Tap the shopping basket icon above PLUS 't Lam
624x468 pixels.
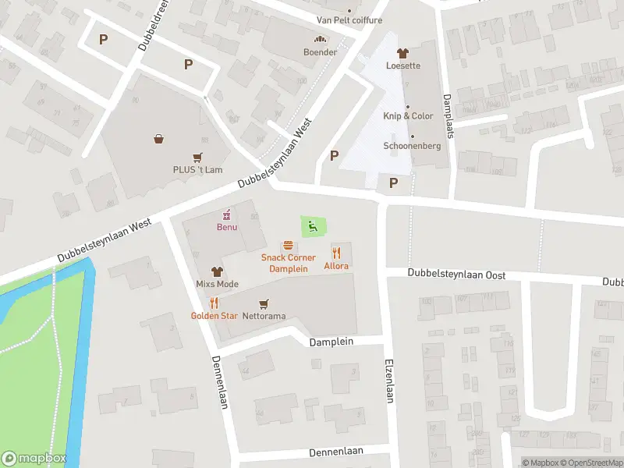coord(159,140)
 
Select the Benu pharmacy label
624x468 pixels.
coord(227,227)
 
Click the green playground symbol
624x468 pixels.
coord(314,227)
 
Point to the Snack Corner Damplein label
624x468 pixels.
coord(288,263)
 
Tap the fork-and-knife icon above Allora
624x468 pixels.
coord(338,253)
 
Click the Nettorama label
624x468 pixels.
coord(264,316)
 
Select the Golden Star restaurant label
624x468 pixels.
coord(214,316)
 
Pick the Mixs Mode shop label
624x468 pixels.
coord(217,284)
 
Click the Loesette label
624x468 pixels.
coord(402,66)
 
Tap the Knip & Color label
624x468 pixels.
coord(408,116)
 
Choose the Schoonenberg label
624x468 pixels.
coord(412,146)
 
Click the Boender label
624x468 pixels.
coord(320,52)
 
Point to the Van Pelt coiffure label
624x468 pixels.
coord(349,19)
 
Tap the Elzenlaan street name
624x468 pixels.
coord(388,381)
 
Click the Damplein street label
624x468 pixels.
coord(331,342)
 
